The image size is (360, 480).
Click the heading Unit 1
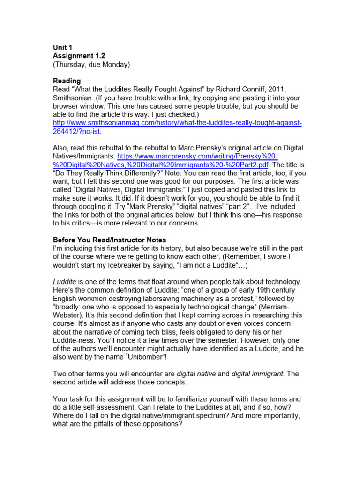point(63,47)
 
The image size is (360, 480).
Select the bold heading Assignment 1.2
point(79,55)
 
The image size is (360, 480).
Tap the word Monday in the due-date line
point(113,64)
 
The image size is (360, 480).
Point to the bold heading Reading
point(67,81)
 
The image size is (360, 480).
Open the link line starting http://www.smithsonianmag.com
point(177,123)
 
